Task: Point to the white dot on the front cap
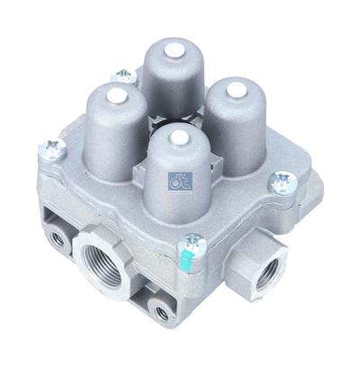click(178, 138)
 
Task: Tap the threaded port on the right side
click(267, 275)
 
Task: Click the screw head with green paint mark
click(190, 242)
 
